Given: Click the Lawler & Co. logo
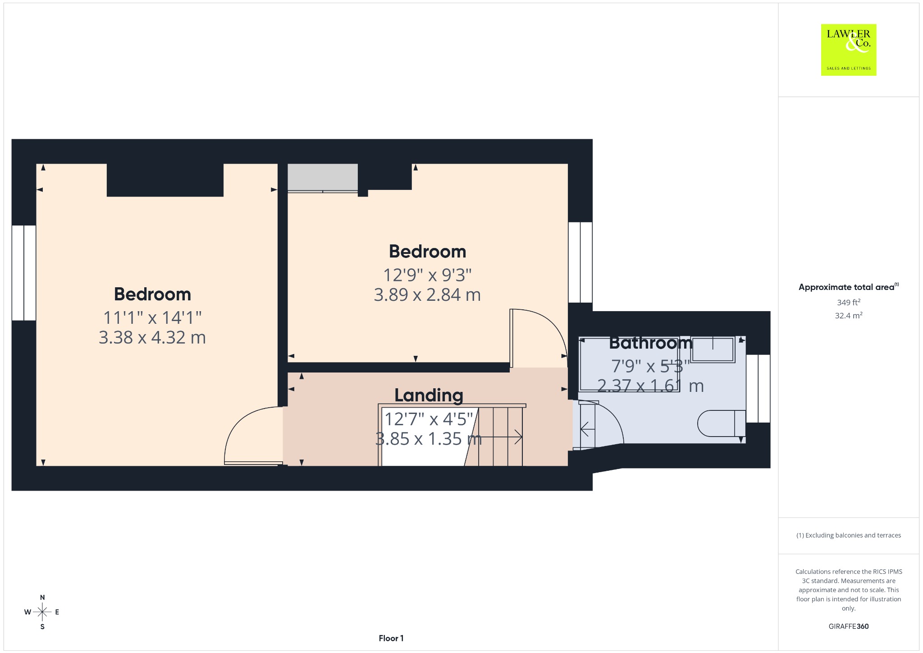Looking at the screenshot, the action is (848, 50).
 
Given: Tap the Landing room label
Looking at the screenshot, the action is (429, 395).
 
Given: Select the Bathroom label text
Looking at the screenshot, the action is (650, 343).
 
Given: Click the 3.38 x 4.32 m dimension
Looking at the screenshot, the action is (152, 337).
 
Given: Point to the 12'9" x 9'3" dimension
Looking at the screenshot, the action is (427, 275).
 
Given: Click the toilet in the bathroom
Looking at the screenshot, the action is (721, 423).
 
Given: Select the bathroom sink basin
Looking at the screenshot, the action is (713, 349).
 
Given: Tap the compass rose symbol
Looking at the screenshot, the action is (42, 612).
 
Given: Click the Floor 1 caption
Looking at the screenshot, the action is (391, 638).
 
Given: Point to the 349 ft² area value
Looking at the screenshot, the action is (849, 302).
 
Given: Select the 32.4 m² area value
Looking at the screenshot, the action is (849, 315).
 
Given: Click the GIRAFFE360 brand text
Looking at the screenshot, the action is (849, 626).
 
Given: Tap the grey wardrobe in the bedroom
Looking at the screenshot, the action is (323, 178).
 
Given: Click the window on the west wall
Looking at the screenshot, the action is (23, 273).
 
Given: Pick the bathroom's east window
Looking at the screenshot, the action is (758, 388).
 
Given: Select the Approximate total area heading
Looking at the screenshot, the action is (849, 287).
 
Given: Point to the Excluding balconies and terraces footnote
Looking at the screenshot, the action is (849, 535).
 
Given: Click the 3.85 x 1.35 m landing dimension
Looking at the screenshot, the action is (429, 439).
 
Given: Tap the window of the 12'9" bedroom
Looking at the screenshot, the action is (580, 262).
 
